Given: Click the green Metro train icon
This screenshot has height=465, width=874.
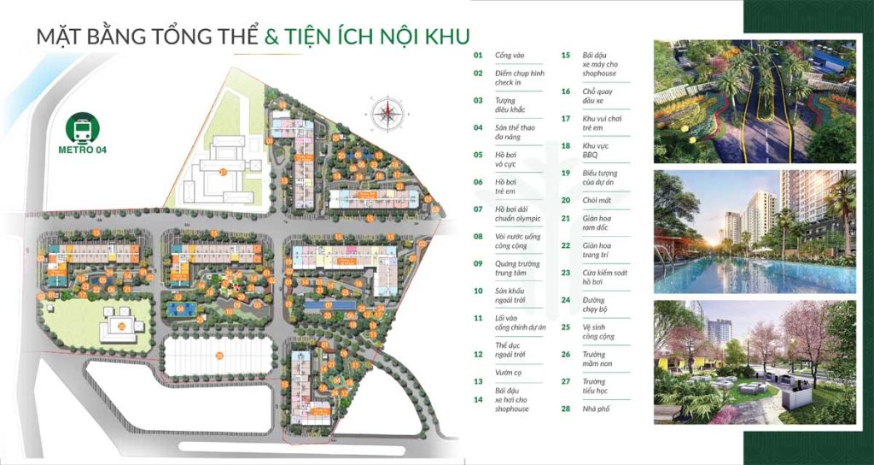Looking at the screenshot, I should [84, 130].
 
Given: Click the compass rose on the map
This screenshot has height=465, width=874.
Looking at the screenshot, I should [386, 111].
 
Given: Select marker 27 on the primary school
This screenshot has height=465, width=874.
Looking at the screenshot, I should [223, 172].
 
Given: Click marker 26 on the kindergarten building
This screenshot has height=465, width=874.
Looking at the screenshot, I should [122, 325].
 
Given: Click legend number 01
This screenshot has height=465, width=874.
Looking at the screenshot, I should [478, 56].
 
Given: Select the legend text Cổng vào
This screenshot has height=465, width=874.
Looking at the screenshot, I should [510, 56].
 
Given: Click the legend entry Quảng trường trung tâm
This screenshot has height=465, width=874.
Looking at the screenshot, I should [517, 269].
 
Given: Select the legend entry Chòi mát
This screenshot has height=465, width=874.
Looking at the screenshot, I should [595, 200].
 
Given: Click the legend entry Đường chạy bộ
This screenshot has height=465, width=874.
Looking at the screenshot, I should [594, 305].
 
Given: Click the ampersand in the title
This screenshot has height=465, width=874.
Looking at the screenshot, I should [273, 37].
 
